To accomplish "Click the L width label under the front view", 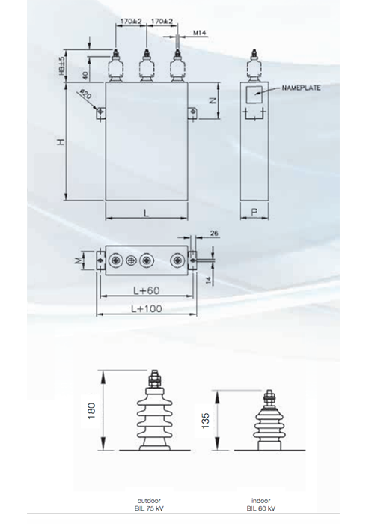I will [146, 213].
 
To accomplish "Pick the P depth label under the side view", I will [254, 213].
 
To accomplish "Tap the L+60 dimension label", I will [146, 291].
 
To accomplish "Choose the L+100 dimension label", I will [146, 308].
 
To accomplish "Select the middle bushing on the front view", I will [146, 69].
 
